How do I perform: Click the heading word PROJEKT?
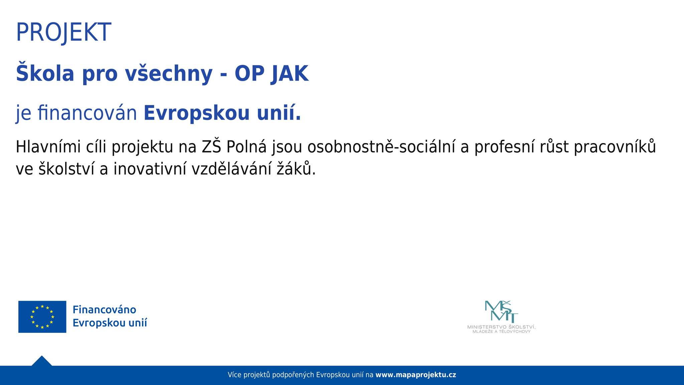tap(63, 32)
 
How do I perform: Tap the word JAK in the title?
tap(289, 74)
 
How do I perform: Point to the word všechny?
tap(169, 73)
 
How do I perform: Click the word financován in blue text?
tap(87, 113)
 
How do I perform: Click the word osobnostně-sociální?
tap(381, 147)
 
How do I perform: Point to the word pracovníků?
tap(615, 147)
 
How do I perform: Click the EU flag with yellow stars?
tap(42, 317)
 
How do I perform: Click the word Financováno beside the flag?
tap(104, 310)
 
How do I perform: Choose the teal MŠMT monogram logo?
tap(501, 311)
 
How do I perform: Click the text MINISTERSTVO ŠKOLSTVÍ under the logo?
tap(501, 327)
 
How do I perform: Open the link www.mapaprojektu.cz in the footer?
tap(416, 375)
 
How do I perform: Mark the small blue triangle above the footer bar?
tap(42, 361)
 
